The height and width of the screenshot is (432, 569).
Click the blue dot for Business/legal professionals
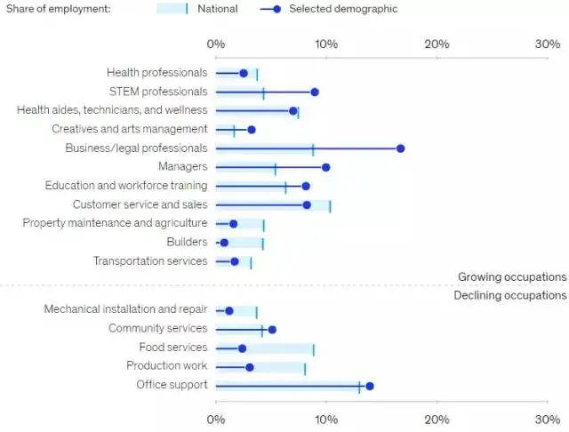tap(400, 148)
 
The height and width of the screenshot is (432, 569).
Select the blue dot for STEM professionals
tap(315, 92)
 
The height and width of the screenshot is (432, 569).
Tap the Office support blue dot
tap(370, 386)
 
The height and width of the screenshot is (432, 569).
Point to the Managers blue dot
tap(326, 167)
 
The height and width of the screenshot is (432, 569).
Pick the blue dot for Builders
tap(224, 243)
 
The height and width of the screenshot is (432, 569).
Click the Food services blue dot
tap(242, 348)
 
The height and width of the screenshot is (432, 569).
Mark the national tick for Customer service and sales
tap(330, 205)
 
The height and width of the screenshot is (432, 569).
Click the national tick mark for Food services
tap(314, 348)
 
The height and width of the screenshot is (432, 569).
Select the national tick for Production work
tap(305, 367)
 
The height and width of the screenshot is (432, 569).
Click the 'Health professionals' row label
tap(156, 73)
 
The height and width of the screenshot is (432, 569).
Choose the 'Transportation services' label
tap(150, 261)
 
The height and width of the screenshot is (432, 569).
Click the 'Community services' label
tap(156, 329)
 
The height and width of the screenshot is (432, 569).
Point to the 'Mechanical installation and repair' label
tap(125, 310)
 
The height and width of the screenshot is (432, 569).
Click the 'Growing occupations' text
tap(511, 277)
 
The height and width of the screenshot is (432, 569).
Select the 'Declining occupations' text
tap(510, 295)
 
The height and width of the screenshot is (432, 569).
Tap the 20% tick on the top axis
tap(437, 44)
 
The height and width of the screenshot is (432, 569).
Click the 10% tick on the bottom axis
tap(326, 418)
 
